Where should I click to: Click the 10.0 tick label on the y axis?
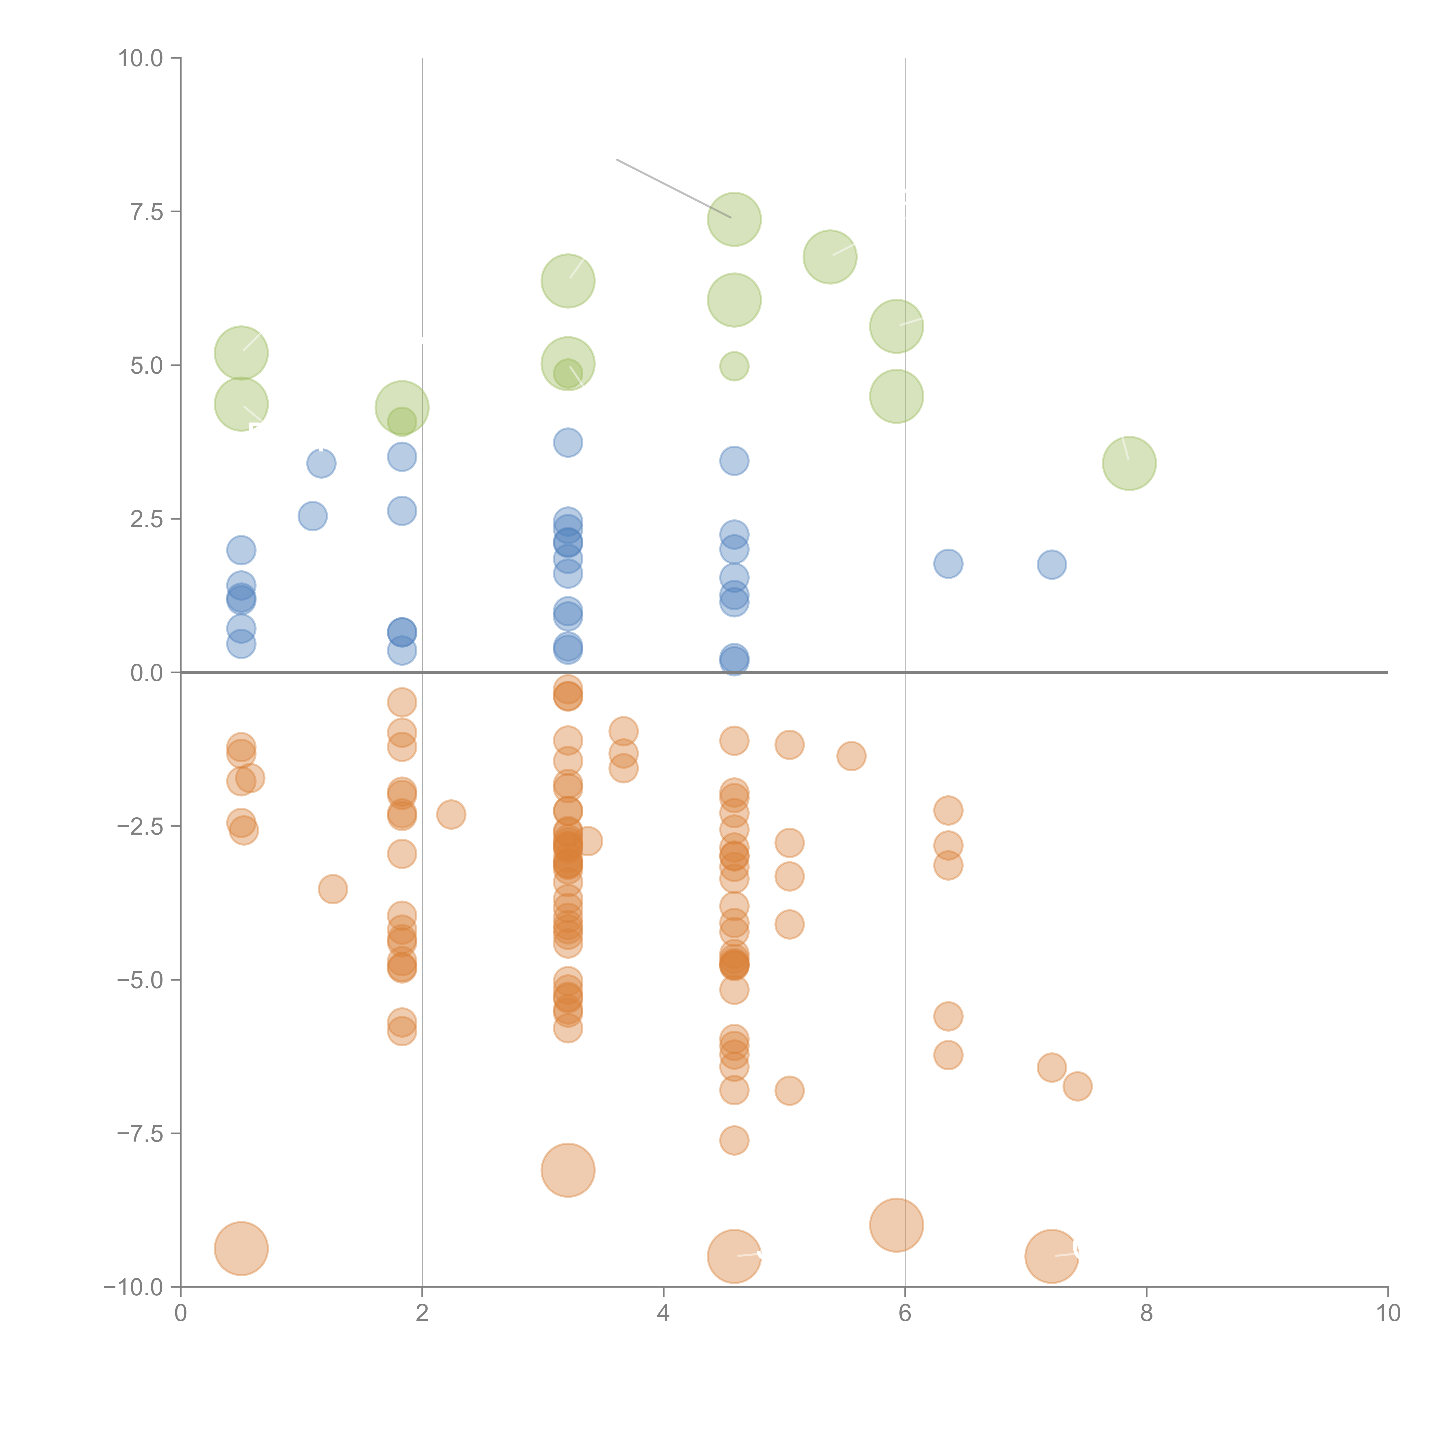[x=141, y=58]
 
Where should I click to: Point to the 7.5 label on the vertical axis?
[x=147, y=212]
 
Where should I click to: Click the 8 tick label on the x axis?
[x=1147, y=1314]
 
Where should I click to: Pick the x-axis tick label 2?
[x=422, y=1314]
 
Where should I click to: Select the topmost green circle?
[x=734, y=219]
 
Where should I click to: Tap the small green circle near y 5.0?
[x=734, y=366]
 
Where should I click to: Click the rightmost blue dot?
[x=1052, y=564]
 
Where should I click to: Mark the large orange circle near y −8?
[x=568, y=1170]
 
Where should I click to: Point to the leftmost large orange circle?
[x=241, y=1248]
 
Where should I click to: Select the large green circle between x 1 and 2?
[x=402, y=408]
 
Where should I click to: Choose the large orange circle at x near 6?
[x=897, y=1225]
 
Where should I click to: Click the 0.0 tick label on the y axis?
[x=147, y=673]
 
